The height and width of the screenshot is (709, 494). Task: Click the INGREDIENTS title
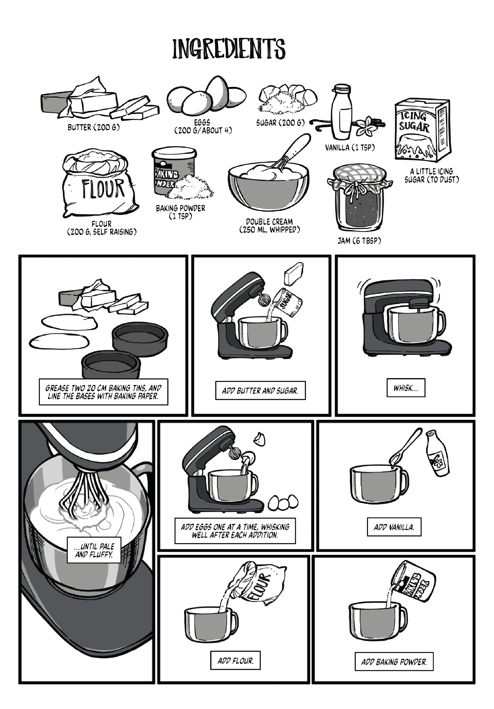(229, 49)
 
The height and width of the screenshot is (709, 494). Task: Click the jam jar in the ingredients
(359, 200)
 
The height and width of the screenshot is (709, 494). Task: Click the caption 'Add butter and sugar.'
(260, 390)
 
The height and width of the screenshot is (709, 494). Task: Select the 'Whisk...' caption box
(406, 388)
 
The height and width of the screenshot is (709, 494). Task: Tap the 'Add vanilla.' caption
(394, 527)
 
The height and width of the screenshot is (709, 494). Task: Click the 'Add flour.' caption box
(235, 661)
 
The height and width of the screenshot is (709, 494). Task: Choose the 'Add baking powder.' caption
(394, 662)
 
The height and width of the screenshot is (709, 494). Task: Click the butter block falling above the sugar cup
(293, 274)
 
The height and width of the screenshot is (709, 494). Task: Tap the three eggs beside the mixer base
(283, 502)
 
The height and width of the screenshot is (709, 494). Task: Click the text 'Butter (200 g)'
(94, 128)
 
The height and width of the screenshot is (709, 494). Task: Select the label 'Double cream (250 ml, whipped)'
(269, 226)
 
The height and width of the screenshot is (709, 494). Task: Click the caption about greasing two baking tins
(103, 392)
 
